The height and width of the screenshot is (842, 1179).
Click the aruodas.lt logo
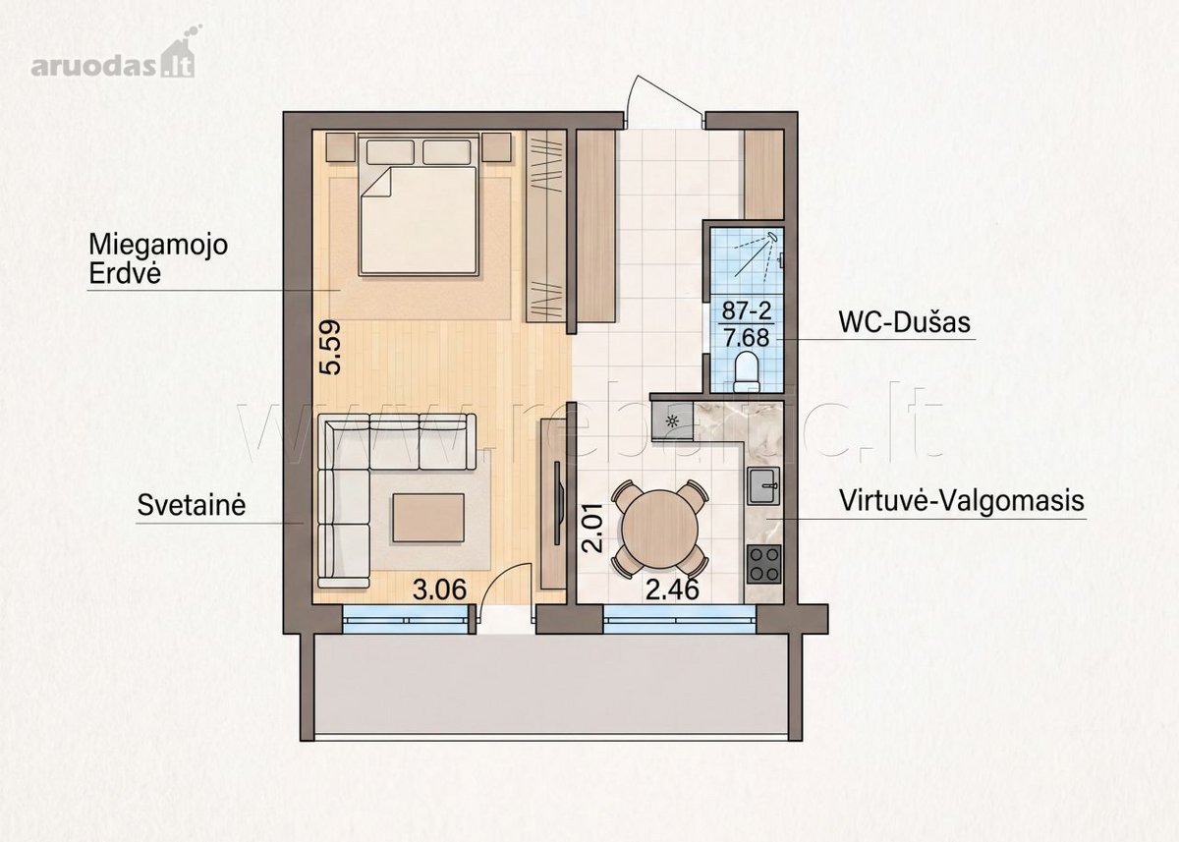coord(113,54)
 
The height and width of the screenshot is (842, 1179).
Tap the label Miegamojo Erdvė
coord(158,259)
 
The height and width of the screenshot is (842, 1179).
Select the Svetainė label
coord(192,505)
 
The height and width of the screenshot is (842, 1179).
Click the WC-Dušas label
coord(904,322)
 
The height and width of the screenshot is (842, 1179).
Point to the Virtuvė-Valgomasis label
coord(962,500)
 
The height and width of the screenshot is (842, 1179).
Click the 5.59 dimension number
coord(330,348)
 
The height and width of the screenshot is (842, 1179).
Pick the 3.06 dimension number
coord(439,589)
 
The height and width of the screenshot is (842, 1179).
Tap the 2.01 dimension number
coord(592,527)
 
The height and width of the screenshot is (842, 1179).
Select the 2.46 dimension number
coord(672,589)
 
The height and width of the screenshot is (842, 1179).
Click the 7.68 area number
coord(747,337)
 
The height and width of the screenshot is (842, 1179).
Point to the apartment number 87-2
coord(747,311)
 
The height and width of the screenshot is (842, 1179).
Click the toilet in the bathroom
coord(747,372)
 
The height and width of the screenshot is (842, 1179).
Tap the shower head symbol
coord(772,238)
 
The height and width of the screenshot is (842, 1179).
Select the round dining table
coord(660,529)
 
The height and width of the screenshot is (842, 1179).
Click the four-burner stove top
coord(764,564)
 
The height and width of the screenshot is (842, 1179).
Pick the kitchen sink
coord(764,486)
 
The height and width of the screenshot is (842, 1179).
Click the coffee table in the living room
coord(428,518)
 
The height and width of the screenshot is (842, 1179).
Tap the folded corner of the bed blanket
coord(374,183)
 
